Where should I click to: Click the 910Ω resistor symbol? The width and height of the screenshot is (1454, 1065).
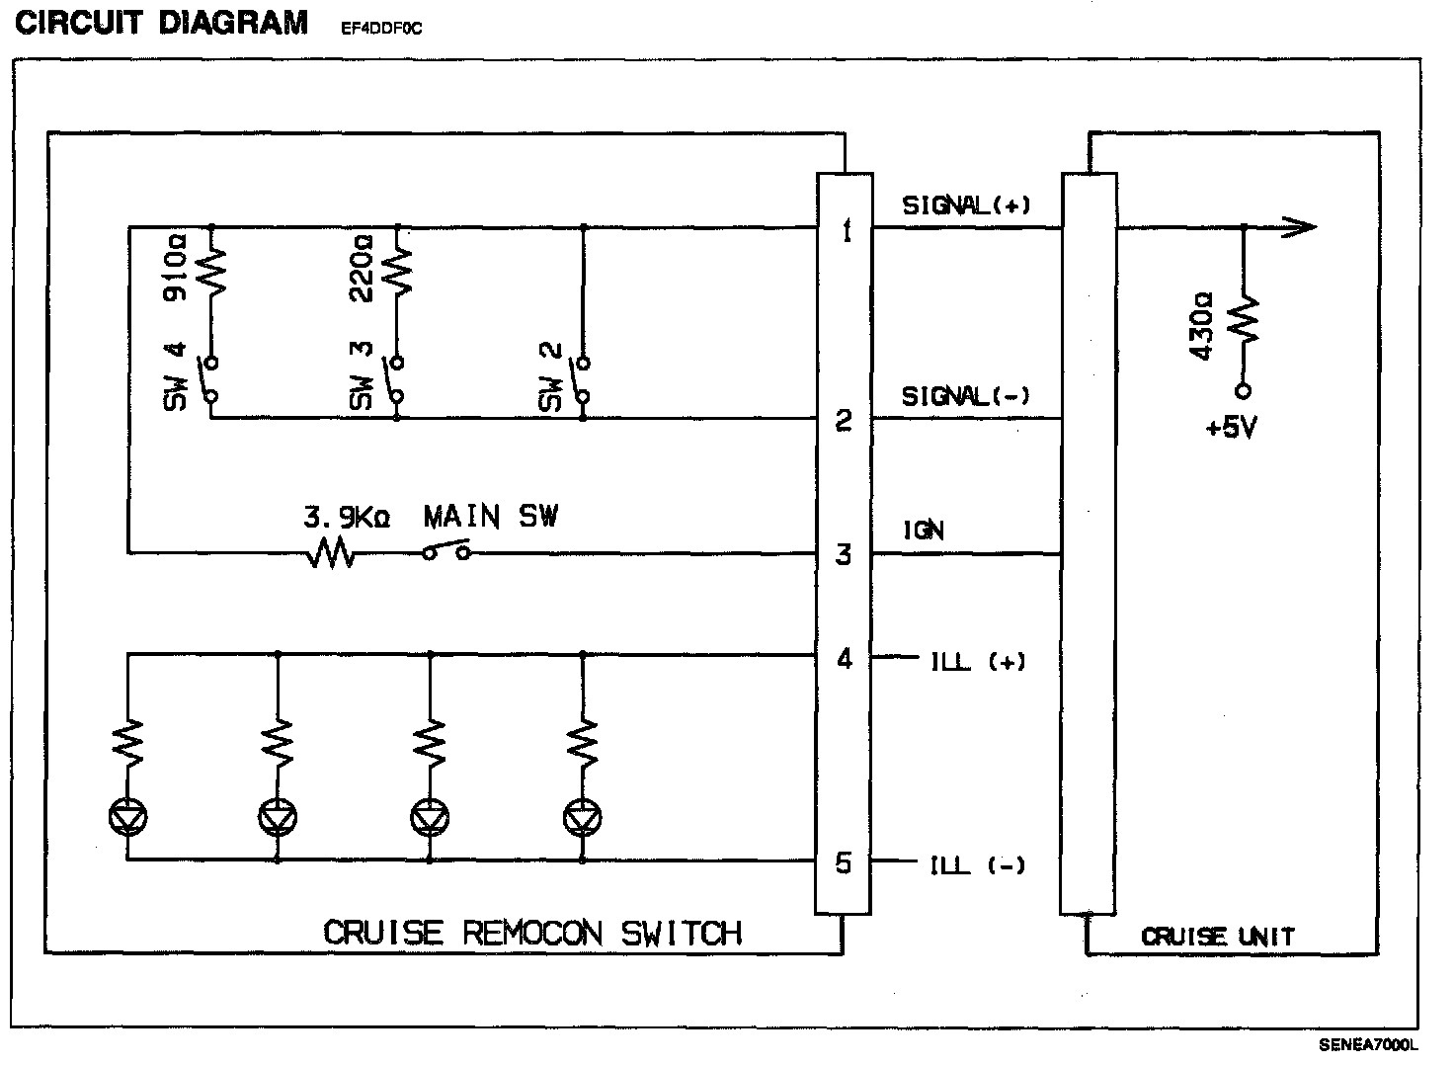(x=211, y=271)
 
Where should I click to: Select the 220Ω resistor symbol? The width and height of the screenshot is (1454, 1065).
(x=397, y=269)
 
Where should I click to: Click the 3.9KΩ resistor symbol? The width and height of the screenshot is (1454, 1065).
(x=333, y=553)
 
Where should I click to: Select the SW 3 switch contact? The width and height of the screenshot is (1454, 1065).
(x=396, y=379)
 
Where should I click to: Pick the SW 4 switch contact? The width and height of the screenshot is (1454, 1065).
(x=210, y=379)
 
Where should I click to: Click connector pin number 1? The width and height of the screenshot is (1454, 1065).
(x=844, y=232)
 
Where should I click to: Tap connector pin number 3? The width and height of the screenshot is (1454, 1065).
(x=843, y=554)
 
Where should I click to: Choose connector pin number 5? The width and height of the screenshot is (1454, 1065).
(x=843, y=863)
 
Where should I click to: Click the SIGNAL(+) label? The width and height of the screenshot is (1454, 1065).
(x=966, y=205)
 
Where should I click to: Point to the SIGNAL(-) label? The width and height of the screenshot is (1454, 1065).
(x=965, y=396)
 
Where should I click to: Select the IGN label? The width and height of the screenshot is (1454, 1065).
(x=924, y=531)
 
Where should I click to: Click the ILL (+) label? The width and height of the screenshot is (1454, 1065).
(x=978, y=662)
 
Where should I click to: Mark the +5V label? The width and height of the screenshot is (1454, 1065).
(x=1231, y=429)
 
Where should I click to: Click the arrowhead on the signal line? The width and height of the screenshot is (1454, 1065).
(x=1302, y=228)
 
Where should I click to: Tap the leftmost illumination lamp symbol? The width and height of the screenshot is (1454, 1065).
(x=127, y=816)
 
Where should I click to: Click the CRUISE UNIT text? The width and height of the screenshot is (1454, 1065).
(x=1217, y=937)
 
